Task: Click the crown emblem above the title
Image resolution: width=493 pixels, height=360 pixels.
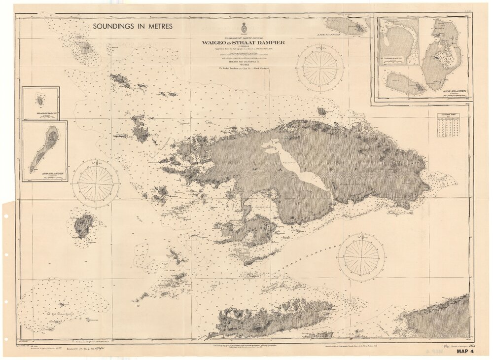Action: click(x=243, y=29)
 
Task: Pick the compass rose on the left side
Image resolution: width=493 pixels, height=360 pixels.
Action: click(x=96, y=183)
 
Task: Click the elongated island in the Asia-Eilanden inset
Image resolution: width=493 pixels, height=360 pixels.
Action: click(x=44, y=147)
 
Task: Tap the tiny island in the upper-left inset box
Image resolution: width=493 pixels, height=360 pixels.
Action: click(x=40, y=100)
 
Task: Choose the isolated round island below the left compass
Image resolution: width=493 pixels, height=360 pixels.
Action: click(x=83, y=226)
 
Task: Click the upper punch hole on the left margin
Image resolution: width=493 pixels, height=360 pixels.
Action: click(x=6, y=255)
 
